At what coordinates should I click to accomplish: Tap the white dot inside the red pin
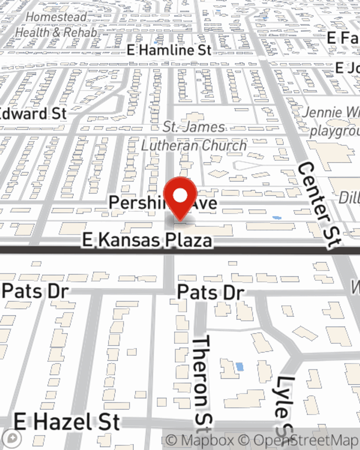(x=180, y=196)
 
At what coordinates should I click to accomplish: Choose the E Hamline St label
(x=169, y=50)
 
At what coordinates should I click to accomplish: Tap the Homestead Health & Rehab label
(x=56, y=24)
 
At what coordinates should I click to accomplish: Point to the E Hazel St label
(x=67, y=422)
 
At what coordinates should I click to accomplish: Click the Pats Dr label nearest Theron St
(x=211, y=292)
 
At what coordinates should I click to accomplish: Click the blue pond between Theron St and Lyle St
(x=239, y=367)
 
